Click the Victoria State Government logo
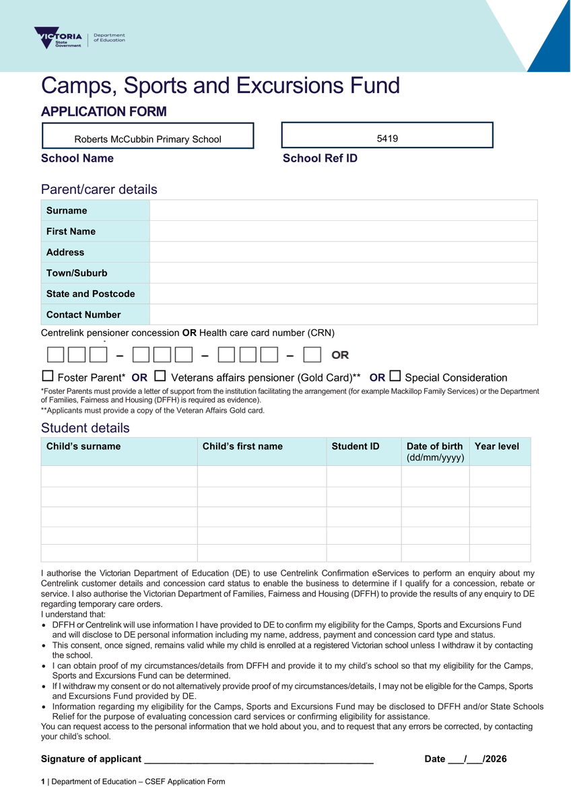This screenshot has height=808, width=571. pos(59,38)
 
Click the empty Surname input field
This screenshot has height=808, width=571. pos(343,211)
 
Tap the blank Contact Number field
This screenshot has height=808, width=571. pos(343,314)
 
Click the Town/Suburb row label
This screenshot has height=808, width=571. pos(77,273)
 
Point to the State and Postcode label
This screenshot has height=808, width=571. pos(90,294)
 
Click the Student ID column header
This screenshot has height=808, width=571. pos(356,446)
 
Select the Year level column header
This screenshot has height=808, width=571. pos(497,446)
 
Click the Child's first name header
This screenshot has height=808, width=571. pos(242,446)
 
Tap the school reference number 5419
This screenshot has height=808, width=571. pos(387,139)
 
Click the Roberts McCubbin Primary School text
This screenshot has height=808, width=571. pos(147,139)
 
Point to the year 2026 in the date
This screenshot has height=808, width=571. pos(496,759)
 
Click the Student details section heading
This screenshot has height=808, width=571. pos(86,428)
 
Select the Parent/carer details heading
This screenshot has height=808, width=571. pos(99,189)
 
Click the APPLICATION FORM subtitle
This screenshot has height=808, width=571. pos(104,112)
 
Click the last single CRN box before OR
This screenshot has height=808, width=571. pos(312,354)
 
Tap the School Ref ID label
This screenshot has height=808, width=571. pos(320,158)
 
